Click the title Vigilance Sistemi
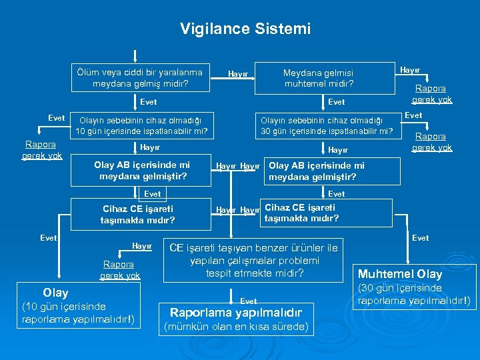(x=245, y=29)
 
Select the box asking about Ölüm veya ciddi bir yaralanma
(x=140, y=78)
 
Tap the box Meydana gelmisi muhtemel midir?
(x=319, y=78)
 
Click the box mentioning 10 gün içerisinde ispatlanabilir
(x=141, y=125)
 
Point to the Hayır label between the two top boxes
(x=238, y=74)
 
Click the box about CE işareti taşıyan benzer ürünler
(x=253, y=260)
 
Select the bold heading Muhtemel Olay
(x=400, y=274)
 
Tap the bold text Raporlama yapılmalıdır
(x=236, y=312)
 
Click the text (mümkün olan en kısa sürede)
(x=236, y=327)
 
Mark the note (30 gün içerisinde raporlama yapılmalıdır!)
(x=414, y=295)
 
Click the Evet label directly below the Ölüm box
(x=149, y=102)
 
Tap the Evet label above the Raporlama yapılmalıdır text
(x=248, y=301)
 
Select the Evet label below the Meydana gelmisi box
(x=337, y=102)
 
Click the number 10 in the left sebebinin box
(x=81, y=131)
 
